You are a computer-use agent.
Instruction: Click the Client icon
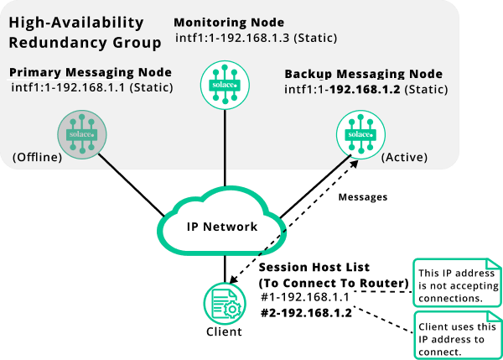[225, 303]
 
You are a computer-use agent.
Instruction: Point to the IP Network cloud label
[222, 227]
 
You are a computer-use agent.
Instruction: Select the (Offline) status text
[37, 156]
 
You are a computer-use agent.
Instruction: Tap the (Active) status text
[404, 157]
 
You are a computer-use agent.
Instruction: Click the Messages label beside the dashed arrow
[362, 197]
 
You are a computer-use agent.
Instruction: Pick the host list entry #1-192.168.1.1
[305, 296]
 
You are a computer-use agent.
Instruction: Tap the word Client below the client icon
[224, 331]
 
